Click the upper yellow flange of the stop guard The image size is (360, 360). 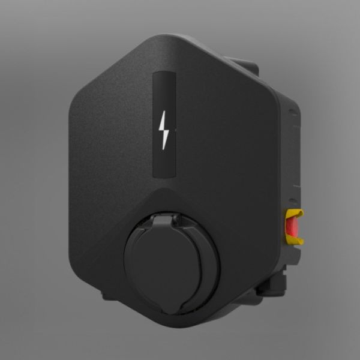[x=296, y=213]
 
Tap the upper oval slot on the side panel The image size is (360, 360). [x=293, y=112]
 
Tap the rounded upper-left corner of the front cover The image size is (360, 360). [x=78, y=102]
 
